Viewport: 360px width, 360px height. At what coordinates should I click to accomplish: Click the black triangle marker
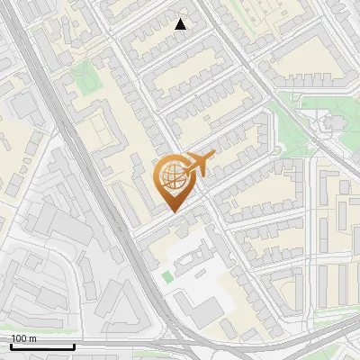tap(181, 24)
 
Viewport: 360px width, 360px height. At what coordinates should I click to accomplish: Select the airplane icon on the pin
tap(199, 163)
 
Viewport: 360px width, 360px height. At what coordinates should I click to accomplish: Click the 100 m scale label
tap(23, 338)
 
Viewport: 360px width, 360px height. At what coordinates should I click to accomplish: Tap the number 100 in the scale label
tap(19, 338)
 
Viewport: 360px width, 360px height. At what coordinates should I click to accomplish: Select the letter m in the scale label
tap(32, 338)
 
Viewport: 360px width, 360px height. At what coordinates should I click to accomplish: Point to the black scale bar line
tap(42, 346)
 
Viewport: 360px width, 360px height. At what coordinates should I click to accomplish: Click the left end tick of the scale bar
tap(11, 345)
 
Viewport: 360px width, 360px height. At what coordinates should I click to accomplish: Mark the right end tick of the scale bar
tap(74, 345)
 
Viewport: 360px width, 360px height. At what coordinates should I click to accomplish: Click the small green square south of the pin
tap(167, 277)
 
